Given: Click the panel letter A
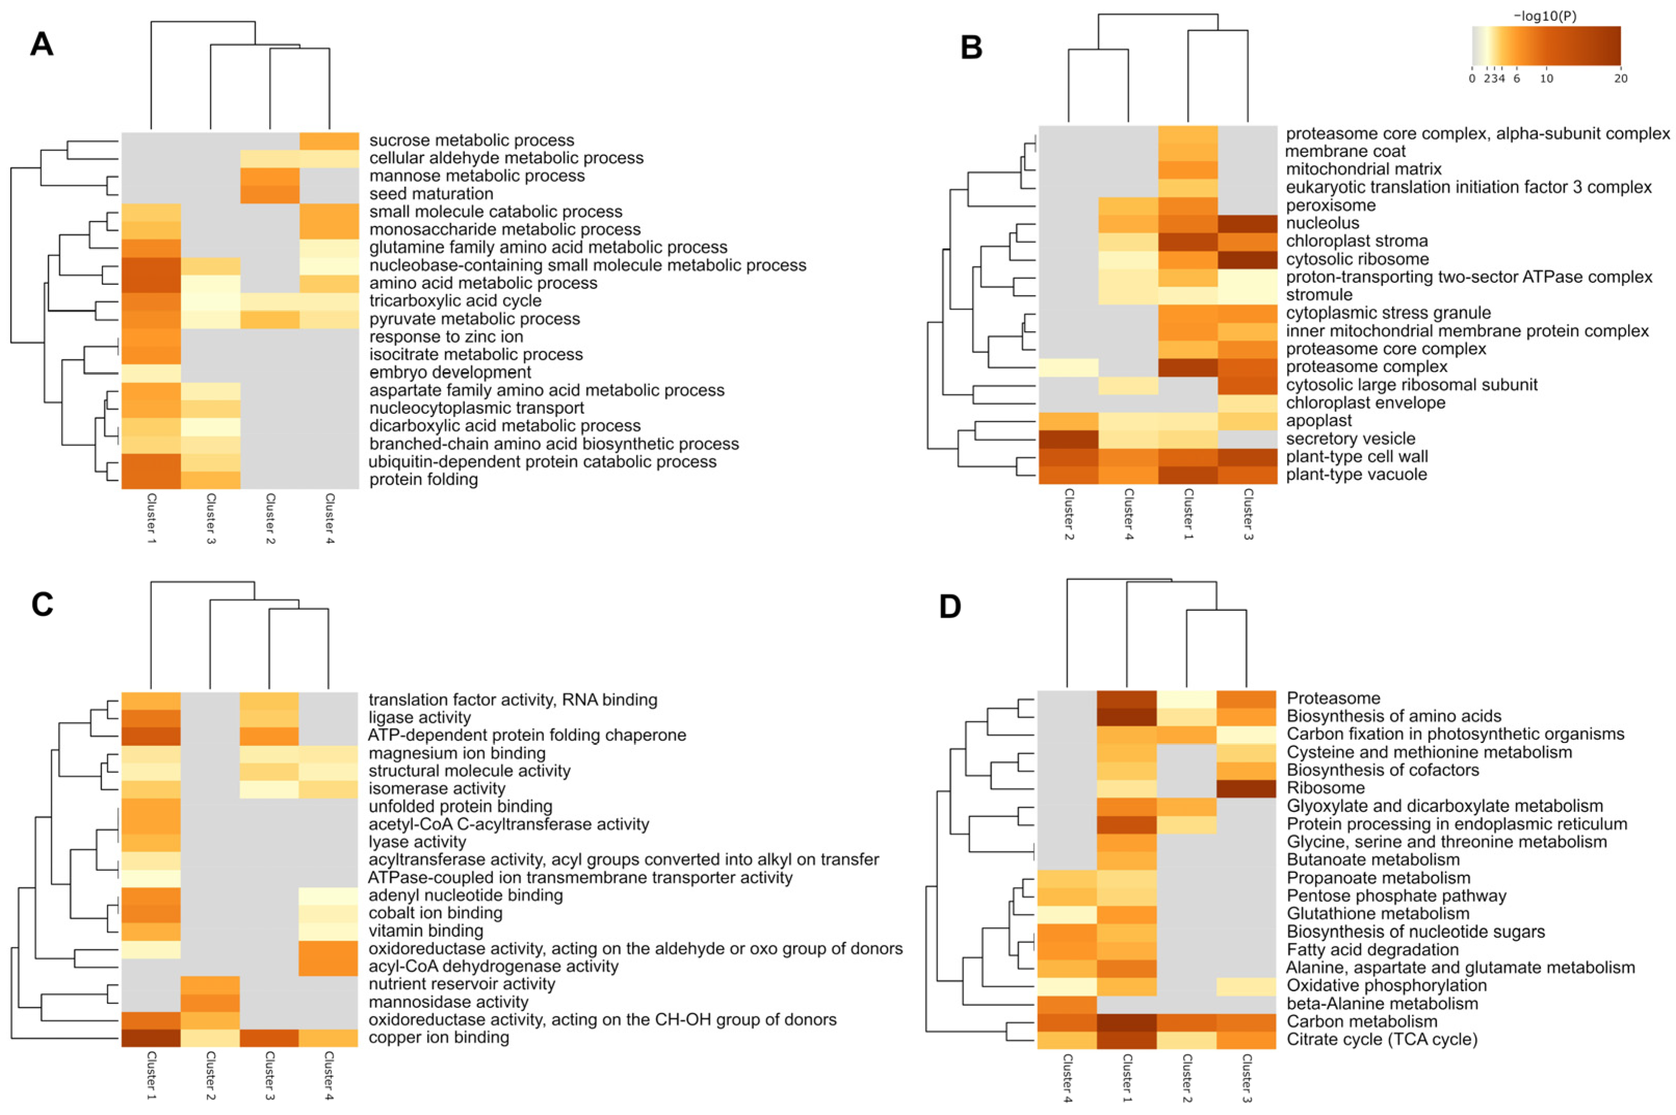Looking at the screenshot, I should click(41, 44).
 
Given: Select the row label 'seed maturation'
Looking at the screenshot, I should click(431, 193).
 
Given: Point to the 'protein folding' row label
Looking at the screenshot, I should click(423, 479).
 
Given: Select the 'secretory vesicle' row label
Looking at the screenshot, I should click(1350, 439).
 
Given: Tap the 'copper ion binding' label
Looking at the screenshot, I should click(438, 1038).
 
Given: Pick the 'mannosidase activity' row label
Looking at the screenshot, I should click(448, 1002).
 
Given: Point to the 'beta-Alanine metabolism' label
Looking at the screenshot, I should click(1382, 1003).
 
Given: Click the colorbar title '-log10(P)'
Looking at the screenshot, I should click(1545, 16).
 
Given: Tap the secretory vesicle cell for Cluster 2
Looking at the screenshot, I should click(1068, 439).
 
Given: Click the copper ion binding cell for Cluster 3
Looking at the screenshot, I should click(269, 1038).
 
